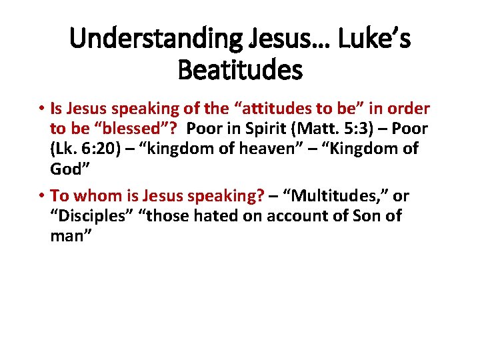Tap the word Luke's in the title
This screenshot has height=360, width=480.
373,39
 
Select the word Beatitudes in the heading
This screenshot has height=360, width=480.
240,69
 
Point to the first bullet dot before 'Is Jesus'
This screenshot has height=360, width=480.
41,109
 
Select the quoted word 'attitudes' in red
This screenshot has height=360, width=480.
262,108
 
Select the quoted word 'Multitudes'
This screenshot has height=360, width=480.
341,196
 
